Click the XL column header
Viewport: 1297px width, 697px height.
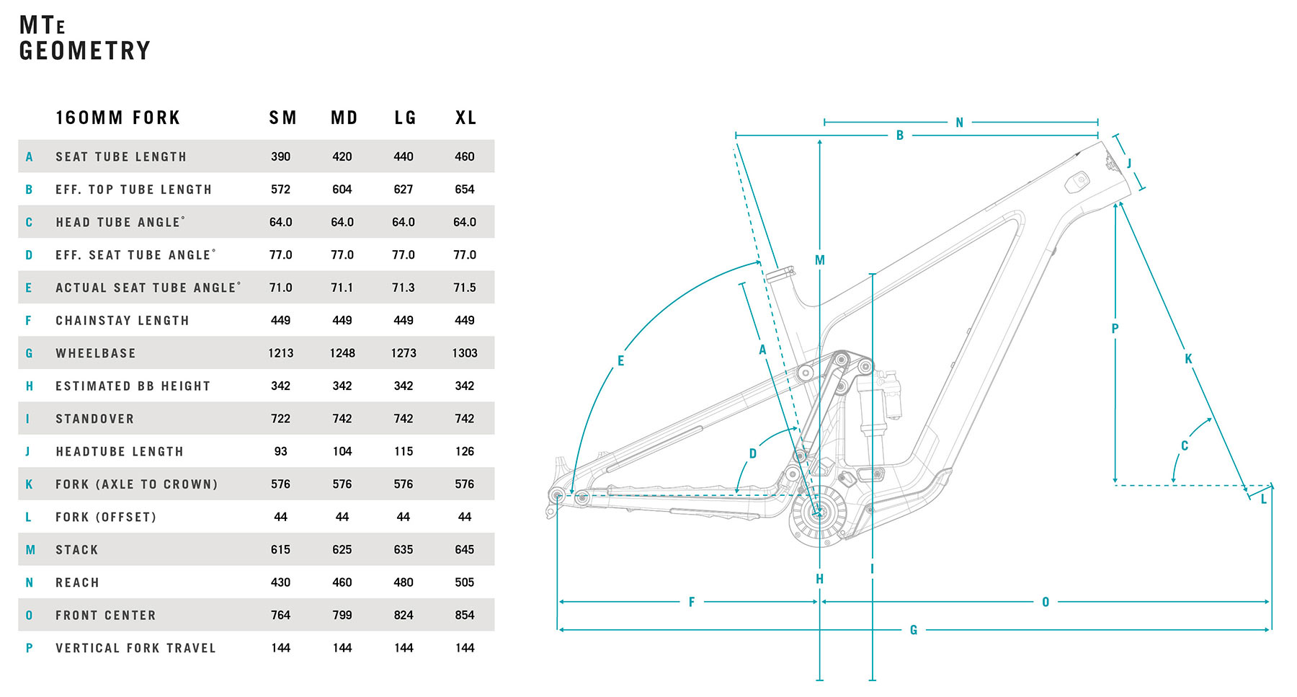point(465,117)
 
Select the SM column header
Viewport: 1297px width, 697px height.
point(282,117)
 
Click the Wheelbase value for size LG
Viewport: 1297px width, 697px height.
point(404,353)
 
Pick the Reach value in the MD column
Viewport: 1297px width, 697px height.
point(342,582)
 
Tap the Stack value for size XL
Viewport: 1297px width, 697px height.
point(465,550)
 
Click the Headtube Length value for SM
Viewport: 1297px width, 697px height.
point(281,451)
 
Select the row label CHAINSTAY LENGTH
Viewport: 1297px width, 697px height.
point(122,321)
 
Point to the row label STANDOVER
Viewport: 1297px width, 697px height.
point(95,419)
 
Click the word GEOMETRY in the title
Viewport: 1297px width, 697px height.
point(85,51)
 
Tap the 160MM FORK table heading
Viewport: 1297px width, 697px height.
point(118,117)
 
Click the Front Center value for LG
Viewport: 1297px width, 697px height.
point(404,616)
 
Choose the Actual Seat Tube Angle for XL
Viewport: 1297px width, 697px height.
point(465,288)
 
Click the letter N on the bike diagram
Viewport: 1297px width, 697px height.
point(959,123)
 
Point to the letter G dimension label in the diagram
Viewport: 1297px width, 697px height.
point(913,630)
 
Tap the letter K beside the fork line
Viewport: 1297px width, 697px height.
point(1188,359)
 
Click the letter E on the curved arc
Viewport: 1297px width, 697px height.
point(620,361)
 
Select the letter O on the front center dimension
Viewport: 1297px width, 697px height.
point(1046,602)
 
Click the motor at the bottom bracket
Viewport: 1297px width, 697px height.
point(819,513)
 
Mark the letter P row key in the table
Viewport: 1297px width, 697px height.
point(29,648)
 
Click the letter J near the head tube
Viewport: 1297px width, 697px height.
point(1129,164)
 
